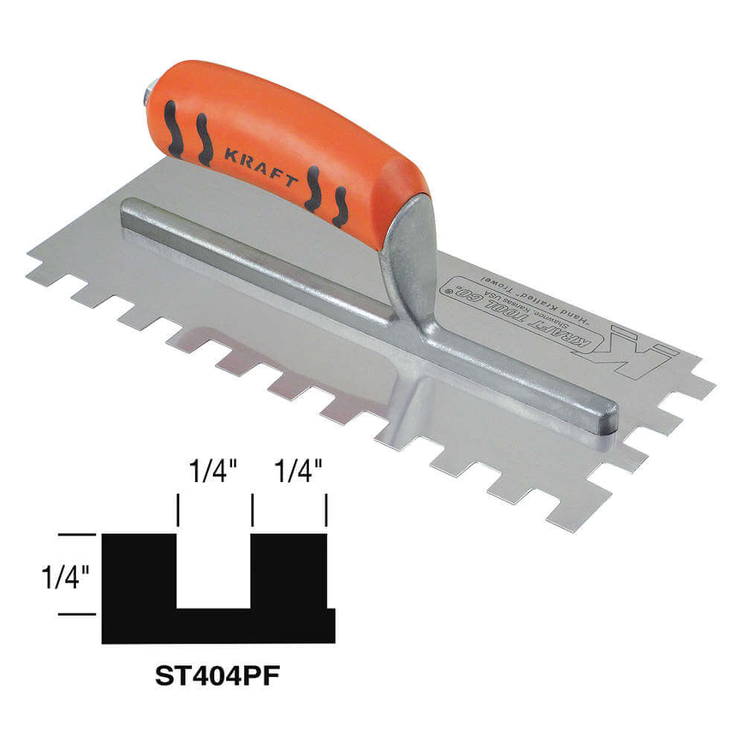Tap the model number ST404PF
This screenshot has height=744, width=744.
click(211, 676)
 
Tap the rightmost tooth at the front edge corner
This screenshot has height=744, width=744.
click(565, 516)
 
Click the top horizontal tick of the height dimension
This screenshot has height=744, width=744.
click(77, 534)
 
